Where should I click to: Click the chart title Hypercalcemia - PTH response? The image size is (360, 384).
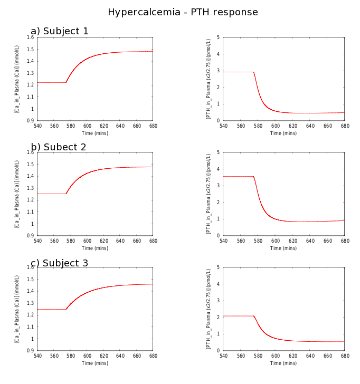(x=183, y=12)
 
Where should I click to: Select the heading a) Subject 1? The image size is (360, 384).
(x=60, y=31)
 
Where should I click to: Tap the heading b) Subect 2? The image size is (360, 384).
(x=58, y=147)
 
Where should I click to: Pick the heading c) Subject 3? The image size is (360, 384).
(x=59, y=263)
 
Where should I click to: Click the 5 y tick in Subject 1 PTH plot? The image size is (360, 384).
(x=218, y=38)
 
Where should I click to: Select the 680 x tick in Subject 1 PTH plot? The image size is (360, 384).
(x=344, y=126)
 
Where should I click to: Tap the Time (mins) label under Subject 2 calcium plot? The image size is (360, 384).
(x=95, y=248)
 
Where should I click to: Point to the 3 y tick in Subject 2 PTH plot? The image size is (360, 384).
(x=218, y=186)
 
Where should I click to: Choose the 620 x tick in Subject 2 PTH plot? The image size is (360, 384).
(x=292, y=241)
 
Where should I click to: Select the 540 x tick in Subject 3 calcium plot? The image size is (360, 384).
(x=37, y=356)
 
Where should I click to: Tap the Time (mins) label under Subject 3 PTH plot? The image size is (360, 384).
(x=283, y=363)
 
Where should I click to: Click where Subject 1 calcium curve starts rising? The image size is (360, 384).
(x=66, y=82)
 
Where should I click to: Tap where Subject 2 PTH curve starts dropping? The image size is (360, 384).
(x=254, y=176)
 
